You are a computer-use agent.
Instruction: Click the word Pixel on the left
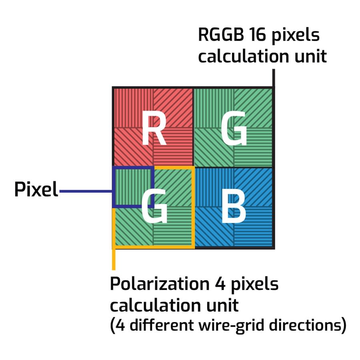pyautogui.click(x=36, y=190)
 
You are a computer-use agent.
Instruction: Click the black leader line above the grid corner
pyautogui.click(x=273, y=78)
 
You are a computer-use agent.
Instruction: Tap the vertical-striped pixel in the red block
pyautogui.click(x=133, y=107)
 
